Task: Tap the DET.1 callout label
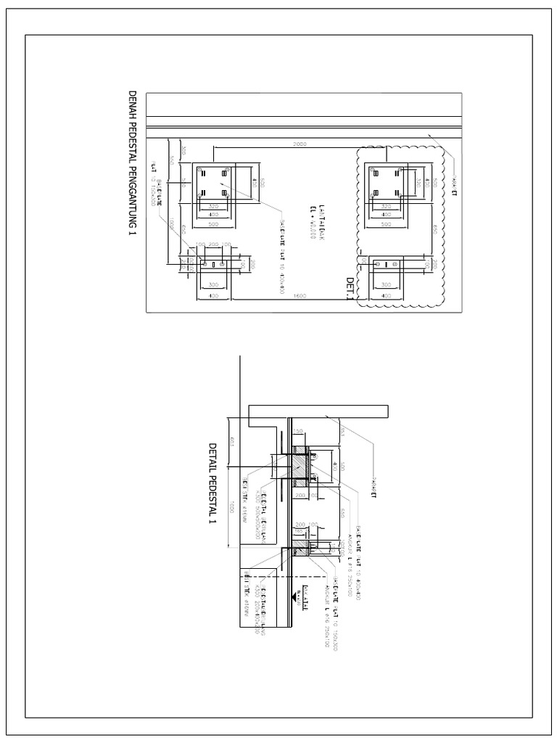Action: [350, 288]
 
